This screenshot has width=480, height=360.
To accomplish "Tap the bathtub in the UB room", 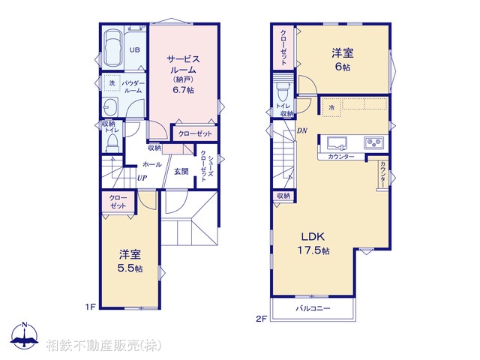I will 114,48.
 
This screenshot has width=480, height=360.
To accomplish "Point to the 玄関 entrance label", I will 181,172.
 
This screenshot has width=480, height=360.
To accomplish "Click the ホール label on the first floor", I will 152,163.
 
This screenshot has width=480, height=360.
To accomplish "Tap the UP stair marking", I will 141,178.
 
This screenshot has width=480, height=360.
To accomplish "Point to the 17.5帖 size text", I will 315,250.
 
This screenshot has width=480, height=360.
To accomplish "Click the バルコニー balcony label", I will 313,308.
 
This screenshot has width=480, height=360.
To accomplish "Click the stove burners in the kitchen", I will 373,142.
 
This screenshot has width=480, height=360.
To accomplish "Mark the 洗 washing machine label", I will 112,82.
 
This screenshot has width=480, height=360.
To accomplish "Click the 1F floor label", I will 89,306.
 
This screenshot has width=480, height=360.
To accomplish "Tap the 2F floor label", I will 261,318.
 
